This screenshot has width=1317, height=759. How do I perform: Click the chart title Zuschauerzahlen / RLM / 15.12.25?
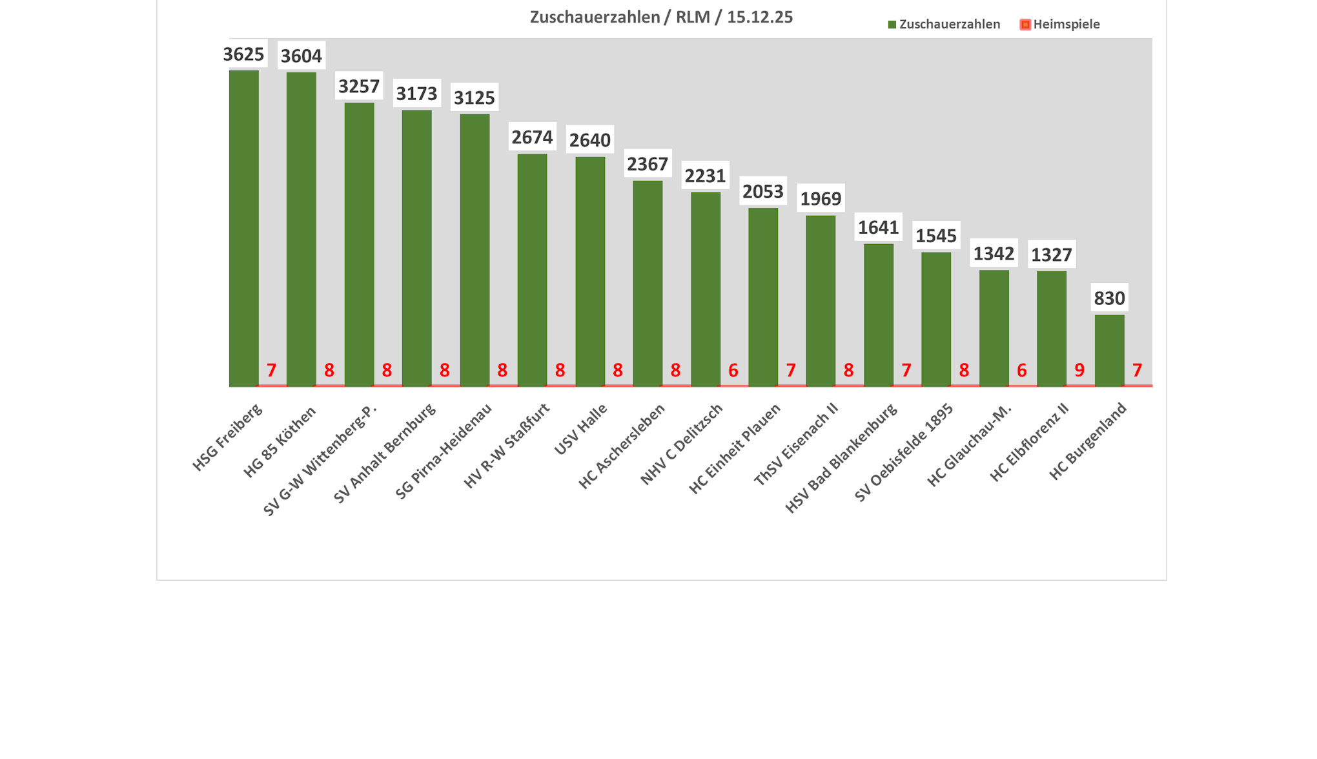[661, 17]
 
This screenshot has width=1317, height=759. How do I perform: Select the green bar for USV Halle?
[590, 271]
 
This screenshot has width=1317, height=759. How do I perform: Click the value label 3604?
[301, 56]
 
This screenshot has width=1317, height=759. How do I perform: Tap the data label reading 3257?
[359, 86]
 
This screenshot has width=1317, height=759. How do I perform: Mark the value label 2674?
[532, 137]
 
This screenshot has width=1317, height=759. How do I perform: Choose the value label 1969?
[821, 198]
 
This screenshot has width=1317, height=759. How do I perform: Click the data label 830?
[1109, 298]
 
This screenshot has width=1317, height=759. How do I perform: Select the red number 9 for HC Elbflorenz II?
[1079, 370]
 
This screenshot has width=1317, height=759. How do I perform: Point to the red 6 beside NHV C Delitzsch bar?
[733, 370]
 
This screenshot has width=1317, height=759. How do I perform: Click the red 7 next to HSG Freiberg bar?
[272, 370]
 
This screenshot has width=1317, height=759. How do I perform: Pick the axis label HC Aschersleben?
[622, 446]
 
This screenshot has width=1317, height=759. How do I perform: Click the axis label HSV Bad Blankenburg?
[841, 458]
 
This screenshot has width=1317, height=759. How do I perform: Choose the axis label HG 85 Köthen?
[280, 442]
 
